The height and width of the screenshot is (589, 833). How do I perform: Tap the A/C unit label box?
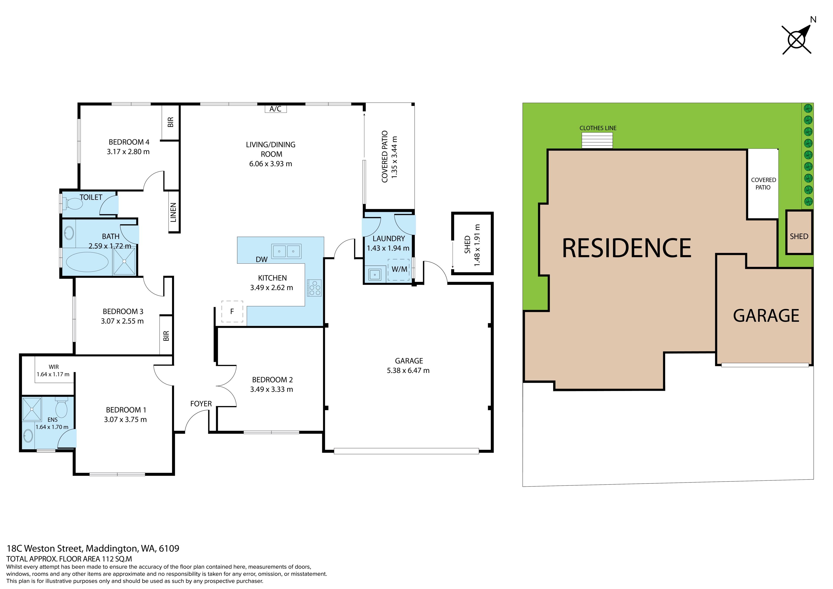(x=275, y=108)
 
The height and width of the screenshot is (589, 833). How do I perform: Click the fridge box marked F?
(x=232, y=311)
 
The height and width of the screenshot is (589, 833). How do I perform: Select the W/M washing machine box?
(x=399, y=270)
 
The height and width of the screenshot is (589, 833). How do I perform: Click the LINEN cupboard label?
(x=173, y=212)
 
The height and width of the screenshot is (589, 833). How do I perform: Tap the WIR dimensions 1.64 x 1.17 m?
(x=53, y=374)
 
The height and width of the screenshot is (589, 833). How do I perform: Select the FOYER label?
(x=201, y=404)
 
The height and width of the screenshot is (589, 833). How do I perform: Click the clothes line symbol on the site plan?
(x=597, y=140)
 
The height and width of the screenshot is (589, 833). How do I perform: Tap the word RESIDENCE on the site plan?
(x=626, y=248)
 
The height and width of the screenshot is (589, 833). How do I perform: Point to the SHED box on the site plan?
(x=799, y=232)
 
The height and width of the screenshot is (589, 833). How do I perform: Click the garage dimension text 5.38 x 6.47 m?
(x=408, y=371)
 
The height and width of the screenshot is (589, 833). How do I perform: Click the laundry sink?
(x=375, y=274)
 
